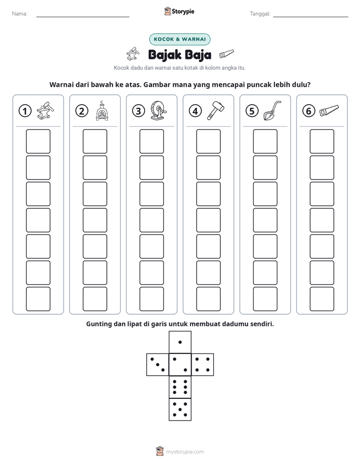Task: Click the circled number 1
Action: (x=25, y=111)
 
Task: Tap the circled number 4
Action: (x=195, y=111)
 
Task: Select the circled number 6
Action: (x=309, y=111)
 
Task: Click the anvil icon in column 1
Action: (x=45, y=110)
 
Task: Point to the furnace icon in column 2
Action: (x=102, y=110)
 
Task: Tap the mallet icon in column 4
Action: (x=215, y=110)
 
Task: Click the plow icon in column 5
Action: (x=272, y=110)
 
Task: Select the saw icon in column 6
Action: (x=329, y=110)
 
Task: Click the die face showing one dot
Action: (x=180, y=342)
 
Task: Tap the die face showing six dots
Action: (x=180, y=387)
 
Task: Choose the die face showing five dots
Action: (x=180, y=409)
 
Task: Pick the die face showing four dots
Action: (x=203, y=365)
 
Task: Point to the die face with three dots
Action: (x=158, y=365)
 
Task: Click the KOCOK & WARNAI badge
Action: (x=179, y=39)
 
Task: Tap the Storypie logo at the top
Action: (x=179, y=12)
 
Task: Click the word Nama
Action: (x=20, y=14)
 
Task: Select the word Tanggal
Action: (x=260, y=14)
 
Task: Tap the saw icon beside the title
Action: (x=226, y=53)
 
